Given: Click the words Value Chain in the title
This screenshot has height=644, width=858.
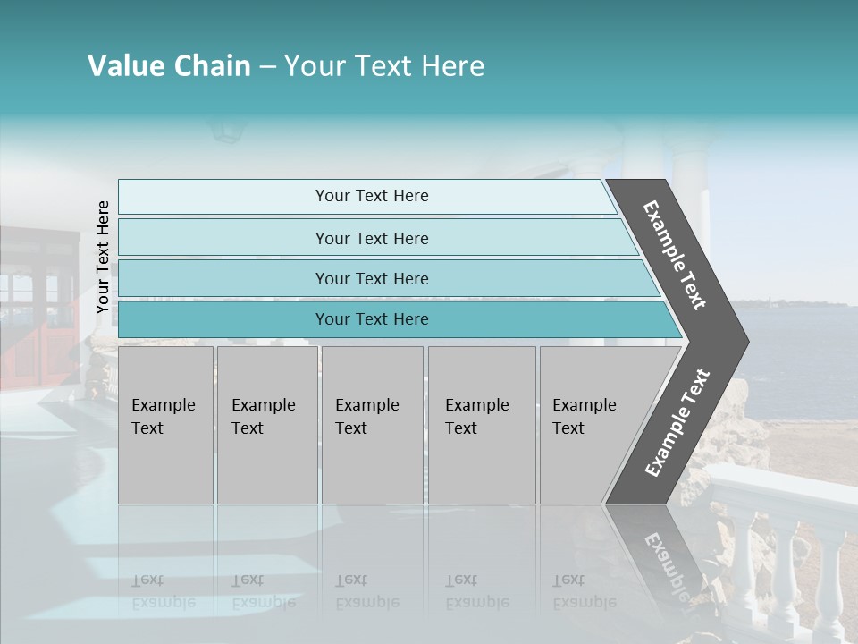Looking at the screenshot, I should click(169, 66).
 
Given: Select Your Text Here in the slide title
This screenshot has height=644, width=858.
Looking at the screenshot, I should click(384, 66).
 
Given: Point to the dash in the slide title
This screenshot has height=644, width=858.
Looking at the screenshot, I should click(267, 67).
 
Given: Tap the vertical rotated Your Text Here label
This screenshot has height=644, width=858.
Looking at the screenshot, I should click(103, 257).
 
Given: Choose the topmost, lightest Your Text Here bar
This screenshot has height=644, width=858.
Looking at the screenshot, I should click(371, 196).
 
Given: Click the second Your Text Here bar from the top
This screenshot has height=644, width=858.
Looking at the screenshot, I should click(371, 238).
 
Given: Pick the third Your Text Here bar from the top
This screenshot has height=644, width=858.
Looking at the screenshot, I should click(371, 278).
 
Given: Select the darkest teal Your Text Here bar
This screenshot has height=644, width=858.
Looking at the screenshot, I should click(371, 319).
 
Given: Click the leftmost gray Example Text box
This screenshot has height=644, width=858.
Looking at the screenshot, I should click(165, 425).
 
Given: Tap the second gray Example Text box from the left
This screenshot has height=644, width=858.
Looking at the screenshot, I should click(267, 425).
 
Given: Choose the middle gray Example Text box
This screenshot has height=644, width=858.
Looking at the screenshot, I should click(372, 425).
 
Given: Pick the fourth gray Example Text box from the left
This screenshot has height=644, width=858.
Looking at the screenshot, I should click(482, 425).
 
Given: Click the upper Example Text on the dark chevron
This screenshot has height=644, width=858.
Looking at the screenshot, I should click(675, 255).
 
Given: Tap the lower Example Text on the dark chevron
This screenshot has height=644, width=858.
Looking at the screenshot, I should click(677, 422).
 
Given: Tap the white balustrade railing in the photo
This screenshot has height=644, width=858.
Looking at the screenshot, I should click(786, 546).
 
